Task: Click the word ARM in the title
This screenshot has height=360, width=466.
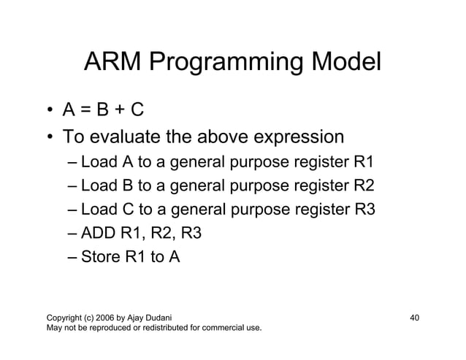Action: point(113,64)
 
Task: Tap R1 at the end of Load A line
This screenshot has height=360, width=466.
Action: point(364,161)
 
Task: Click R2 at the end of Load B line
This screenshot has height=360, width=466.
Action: point(364,185)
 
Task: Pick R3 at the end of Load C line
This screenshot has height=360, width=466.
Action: point(364,210)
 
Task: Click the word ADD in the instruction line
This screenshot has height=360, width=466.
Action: point(99,234)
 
